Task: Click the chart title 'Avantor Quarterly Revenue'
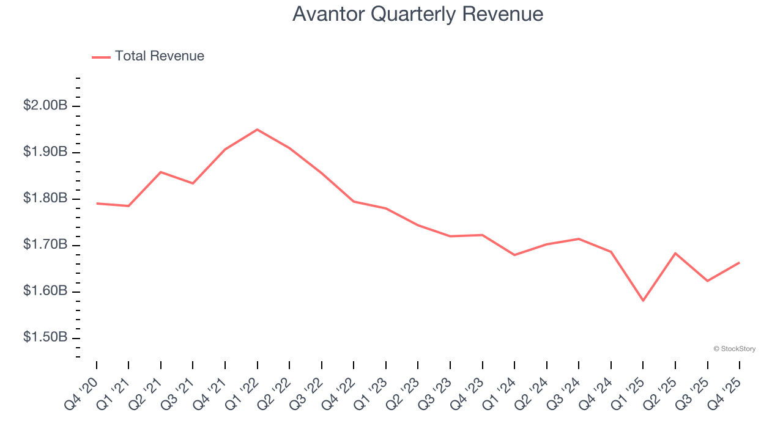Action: pos(417,13)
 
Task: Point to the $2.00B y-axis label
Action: pos(45,106)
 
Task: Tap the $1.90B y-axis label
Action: pos(45,152)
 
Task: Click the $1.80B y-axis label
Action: pos(45,199)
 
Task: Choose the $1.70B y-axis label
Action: pos(45,245)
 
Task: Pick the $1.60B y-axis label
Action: pos(45,291)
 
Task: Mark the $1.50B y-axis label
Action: pos(45,338)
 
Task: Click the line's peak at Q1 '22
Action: pos(257,130)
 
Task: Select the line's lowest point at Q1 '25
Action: pos(643,301)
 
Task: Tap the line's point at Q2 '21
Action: pos(161,172)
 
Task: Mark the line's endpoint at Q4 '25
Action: pos(739,263)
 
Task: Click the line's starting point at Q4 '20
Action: pos(97,204)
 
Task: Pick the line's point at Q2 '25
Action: pos(675,253)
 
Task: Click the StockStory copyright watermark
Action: pos(734,349)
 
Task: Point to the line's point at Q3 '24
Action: pos(579,239)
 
